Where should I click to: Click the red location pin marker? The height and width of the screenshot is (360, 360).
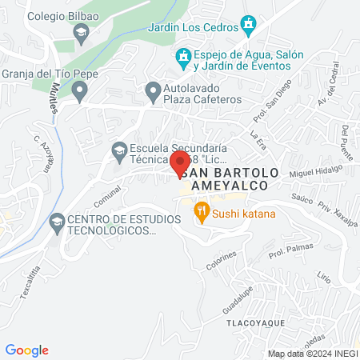pos(179,164)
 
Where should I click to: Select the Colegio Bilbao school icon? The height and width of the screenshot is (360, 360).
pos(80,33)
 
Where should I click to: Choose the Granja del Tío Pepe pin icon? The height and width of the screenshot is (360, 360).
pos(78,93)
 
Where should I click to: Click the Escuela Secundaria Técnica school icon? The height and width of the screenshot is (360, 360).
pos(118,150)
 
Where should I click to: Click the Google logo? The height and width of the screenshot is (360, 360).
pos(26,350)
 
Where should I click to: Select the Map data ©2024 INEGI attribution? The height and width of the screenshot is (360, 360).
pos(311,354)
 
